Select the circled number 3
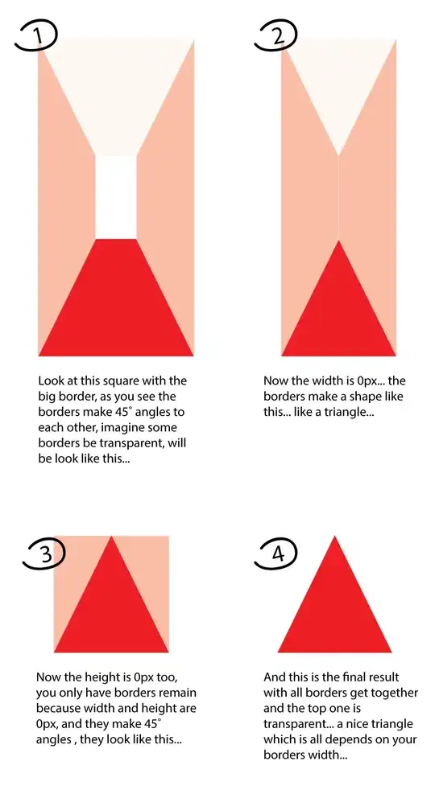tap(44, 555)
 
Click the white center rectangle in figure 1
tap(115, 197)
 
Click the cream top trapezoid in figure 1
tap(115, 96)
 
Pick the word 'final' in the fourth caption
tap(352, 677)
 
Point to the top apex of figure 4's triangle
tap(334, 536)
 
